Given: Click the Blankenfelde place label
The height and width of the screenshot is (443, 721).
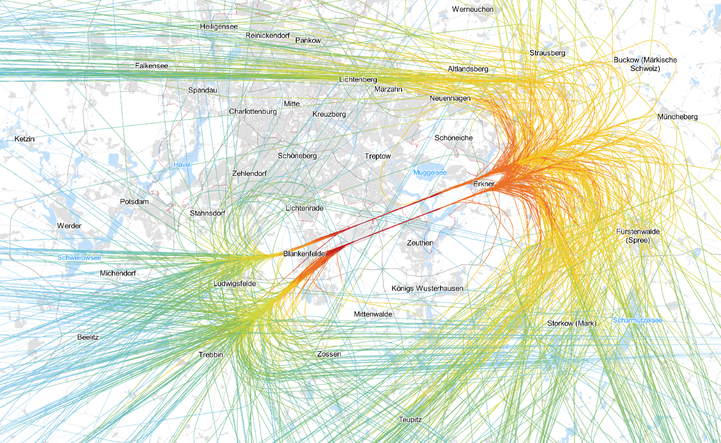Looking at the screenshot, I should click(304, 254).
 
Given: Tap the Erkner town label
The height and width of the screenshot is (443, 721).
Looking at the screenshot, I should click(484, 184).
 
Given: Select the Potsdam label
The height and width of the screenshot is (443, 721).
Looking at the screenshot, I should click(134, 202).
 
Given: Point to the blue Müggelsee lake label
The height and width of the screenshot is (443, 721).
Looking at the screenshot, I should click(430, 172).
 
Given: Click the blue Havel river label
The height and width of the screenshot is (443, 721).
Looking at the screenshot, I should click(182, 165).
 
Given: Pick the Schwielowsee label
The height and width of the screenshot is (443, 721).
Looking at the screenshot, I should click(79, 258).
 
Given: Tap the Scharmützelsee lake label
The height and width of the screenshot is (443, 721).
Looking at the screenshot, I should click(638, 320).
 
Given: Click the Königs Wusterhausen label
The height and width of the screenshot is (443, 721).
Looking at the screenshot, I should click(428, 289).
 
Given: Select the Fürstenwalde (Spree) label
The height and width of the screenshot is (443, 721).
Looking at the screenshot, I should click(638, 236).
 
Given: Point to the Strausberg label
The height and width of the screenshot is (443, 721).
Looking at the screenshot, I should click(547, 53).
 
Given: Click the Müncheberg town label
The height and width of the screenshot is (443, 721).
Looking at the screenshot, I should click(677, 117).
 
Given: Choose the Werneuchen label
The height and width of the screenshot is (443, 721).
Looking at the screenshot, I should click(473, 10).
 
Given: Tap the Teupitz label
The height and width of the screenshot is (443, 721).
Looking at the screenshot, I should click(410, 420).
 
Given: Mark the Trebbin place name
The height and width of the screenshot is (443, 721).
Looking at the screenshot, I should click(211, 355).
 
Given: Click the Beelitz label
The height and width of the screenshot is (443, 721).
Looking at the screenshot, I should click(88, 337).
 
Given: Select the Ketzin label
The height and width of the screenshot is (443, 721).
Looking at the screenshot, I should click(25, 138).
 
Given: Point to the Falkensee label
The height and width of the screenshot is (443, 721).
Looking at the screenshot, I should click(152, 66).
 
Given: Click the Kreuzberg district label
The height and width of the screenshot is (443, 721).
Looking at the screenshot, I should click(329, 114).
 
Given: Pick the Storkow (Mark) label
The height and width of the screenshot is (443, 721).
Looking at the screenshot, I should click(572, 324).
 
